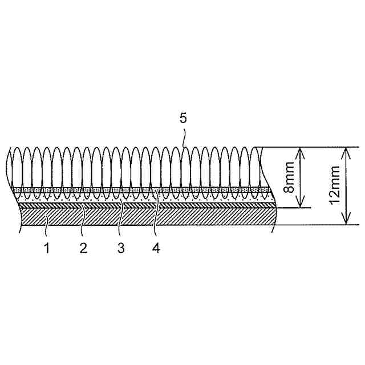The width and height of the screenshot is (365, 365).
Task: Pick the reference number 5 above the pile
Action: pyautogui.click(x=183, y=118)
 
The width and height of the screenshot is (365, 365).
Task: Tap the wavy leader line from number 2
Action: pyautogui.click(x=83, y=220)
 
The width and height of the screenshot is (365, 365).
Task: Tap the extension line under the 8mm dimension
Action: pyautogui.click(x=294, y=208)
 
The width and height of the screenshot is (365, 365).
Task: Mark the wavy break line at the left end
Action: pyautogui.click(x=9, y=171)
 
